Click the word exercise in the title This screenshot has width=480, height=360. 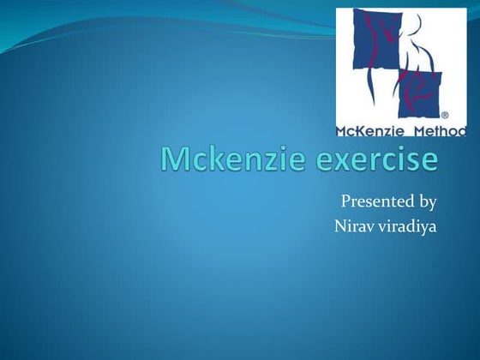[x=369, y=161]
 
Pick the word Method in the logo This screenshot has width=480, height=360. [x=440, y=131]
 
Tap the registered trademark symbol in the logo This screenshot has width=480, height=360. [x=444, y=113]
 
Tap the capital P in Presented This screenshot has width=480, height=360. [x=345, y=202]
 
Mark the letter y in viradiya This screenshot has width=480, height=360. [x=423, y=231]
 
